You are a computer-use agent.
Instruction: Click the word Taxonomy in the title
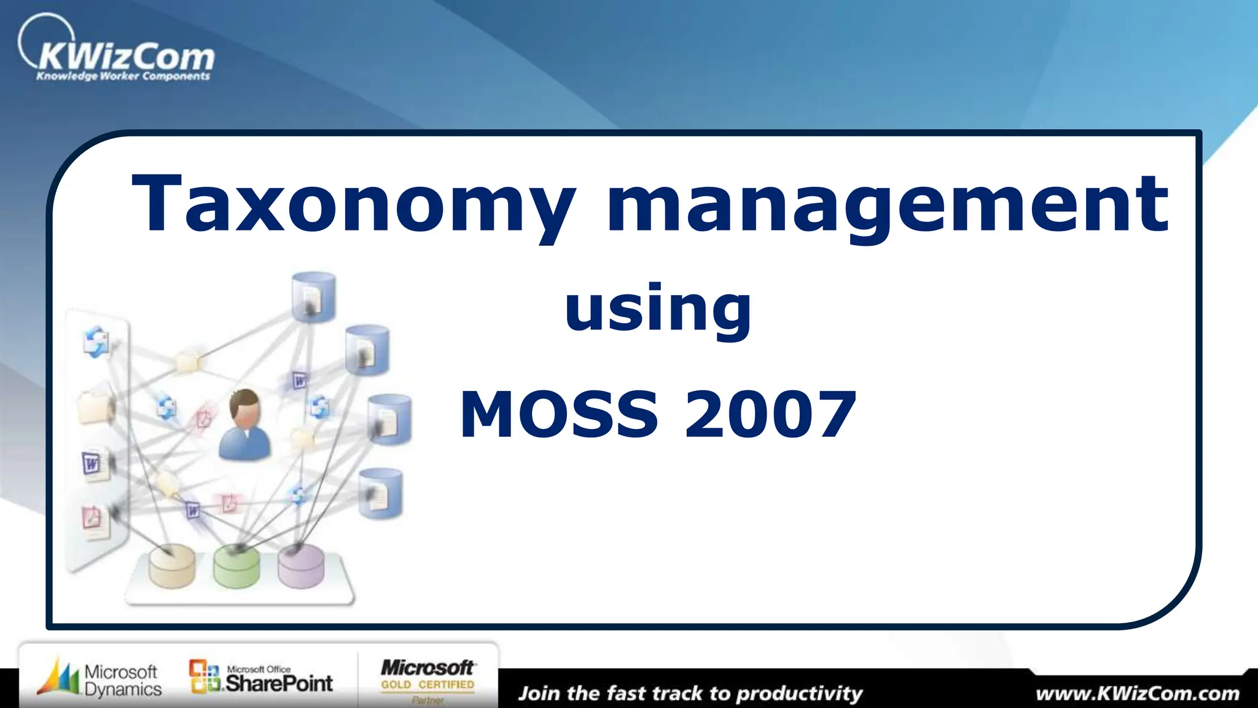(x=354, y=204)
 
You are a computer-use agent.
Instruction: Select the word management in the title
(x=887, y=204)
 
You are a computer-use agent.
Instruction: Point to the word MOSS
(x=559, y=415)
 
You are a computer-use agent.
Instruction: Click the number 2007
(x=770, y=415)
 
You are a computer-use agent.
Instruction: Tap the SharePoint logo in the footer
(x=261, y=678)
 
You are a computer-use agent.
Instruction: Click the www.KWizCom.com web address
(x=1137, y=694)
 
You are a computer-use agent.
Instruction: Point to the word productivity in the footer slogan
(x=799, y=694)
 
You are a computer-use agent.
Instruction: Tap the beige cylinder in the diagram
(x=172, y=567)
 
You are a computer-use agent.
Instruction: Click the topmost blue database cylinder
(x=313, y=297)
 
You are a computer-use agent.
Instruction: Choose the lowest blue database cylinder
(x=380, y=493)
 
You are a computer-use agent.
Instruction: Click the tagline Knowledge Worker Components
(x=123, y=76)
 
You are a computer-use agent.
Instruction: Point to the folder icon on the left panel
(x=96, y=406)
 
